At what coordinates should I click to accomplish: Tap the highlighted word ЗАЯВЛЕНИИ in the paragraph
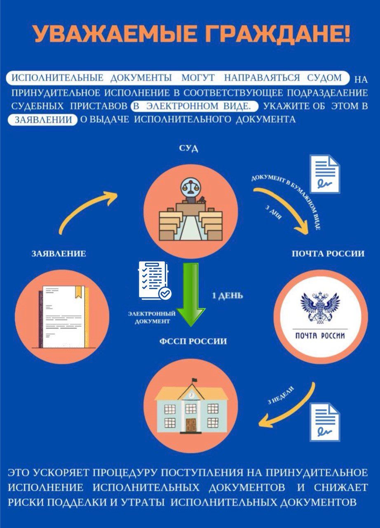(42, 120)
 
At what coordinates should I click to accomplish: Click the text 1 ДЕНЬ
(227, 296)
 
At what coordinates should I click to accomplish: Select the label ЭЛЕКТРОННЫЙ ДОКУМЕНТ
(152, 317)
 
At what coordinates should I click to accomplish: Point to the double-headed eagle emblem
(320, 307)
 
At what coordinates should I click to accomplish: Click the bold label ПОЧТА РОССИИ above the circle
(328, 254)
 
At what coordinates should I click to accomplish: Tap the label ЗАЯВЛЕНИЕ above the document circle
(59, 254)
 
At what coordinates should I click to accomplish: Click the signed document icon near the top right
(325, 174)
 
